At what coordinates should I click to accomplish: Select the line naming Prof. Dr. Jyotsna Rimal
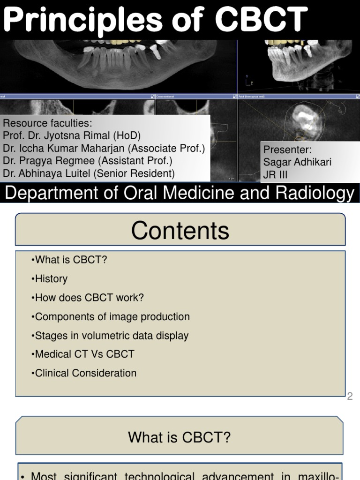(x=72, y=136)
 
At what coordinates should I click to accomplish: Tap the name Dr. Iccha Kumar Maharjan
(x=67, y=149)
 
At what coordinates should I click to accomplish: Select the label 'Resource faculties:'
(x=47, y=124)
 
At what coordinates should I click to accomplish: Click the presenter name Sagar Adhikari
(x=297, y=162)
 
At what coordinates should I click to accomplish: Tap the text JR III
(x=276, y=175)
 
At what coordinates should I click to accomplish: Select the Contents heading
(x=180, y=231)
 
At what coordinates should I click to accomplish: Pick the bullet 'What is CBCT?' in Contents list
(x=69, y=260)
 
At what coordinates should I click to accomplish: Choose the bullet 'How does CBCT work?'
(x=88, y=298)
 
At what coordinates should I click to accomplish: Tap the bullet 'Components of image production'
(x=111, y=317)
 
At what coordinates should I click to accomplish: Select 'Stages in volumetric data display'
(x=110, y=336)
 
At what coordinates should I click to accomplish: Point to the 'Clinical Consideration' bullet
(x=84, y=374)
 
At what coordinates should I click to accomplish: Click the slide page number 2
(x=350, y=397)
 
